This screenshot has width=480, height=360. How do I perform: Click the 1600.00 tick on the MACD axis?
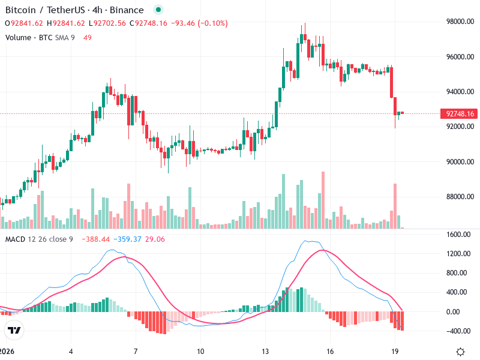[459, 235]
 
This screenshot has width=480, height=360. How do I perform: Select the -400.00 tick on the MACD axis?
[459, 331]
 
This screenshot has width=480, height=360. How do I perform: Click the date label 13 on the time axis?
[265, 351]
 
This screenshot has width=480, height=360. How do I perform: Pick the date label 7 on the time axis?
[136, 351]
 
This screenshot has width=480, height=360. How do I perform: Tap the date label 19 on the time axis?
[395, 351]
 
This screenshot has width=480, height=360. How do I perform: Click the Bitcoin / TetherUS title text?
[40, 10]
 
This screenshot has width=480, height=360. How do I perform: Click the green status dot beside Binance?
[158, 10]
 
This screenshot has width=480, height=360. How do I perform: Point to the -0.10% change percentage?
[215, 23]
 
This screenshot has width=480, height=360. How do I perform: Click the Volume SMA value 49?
[88, 37]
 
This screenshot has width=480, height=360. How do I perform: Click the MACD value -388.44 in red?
[95, 239]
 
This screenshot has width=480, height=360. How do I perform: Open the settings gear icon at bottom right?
[460, 352]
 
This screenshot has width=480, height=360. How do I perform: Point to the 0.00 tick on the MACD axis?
[464, 311]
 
